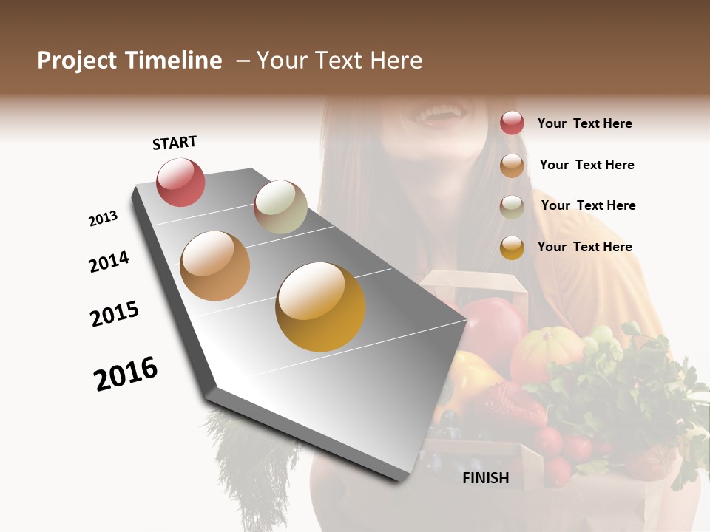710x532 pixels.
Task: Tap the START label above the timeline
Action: pos(175,143)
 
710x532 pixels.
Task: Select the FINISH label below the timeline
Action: pos(486,478)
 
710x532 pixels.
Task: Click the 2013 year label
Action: pos(103,219)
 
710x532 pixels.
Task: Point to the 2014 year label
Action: pos(109,262)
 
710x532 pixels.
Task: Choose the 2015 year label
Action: pos(115,314)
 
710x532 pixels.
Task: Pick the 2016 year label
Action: pos(126,374)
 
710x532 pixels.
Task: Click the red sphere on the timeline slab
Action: pos(180,182)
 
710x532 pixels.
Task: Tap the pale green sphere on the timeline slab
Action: pos(280,207)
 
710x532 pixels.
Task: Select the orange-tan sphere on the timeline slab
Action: pos(215,266)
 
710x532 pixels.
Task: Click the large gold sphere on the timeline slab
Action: pos(320,307)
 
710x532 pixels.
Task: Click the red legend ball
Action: pos(512,123)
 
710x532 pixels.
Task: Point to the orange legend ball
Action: pos(512,166)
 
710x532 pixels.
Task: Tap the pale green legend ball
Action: pos(512,206)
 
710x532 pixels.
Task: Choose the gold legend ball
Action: pos(512,248)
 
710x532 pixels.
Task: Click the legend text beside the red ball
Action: pos(584,123)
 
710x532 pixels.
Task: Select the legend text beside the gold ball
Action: pos(584,247)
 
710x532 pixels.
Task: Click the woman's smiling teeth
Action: pos(439,115)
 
